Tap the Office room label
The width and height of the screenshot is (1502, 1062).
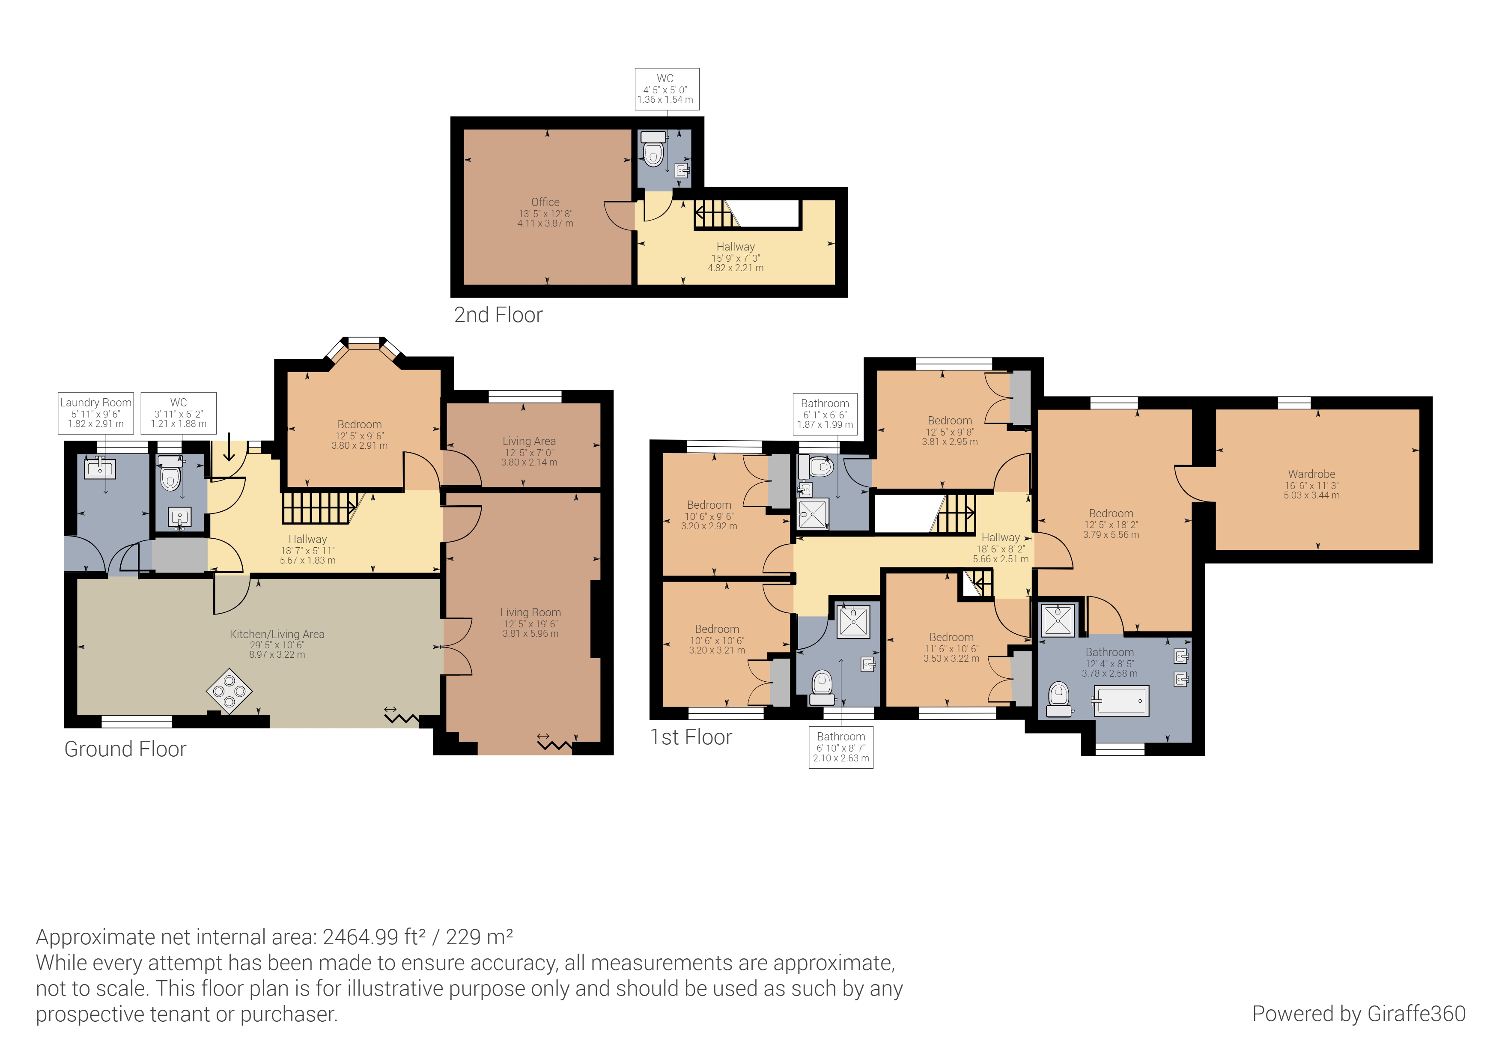pyautogui.click(x=545, y=202)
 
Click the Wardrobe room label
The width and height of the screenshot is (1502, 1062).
pyautogui.click(x=1311, y=474)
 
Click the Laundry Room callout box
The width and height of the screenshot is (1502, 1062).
pyautogui.click(x=95, y=413)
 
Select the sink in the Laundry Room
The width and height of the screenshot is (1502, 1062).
pyautogui.click(x=100, y=468)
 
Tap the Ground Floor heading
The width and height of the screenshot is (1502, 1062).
pyautogui.click(x=125, y=749)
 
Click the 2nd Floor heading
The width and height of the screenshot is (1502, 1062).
pyautogui.click(x=498, y=315)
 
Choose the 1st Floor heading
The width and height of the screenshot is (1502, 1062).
pyautogui.click(x=691, y=737)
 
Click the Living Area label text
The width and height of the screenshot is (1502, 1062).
pyautogui.click(x=529, y=441)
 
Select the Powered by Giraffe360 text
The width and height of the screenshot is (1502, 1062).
pyautogui.click(x=1358, y=1014)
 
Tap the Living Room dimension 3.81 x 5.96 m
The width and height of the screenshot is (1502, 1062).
pyautogui.click(x=530, y=633)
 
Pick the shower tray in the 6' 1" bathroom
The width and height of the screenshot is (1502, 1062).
pyautogui.click(x=813, y=513)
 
